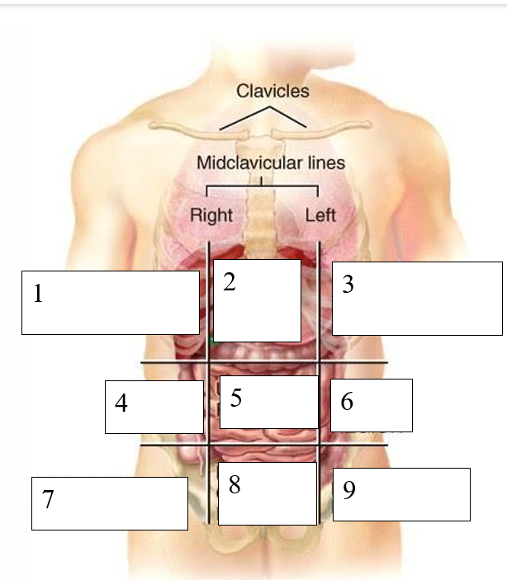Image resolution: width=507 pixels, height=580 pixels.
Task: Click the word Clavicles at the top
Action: [272, 91]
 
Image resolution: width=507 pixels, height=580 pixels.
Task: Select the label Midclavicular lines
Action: [270, 163]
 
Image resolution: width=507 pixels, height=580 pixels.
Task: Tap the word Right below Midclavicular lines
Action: [211, 215]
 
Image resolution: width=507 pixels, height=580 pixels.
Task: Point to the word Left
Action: [320, 215]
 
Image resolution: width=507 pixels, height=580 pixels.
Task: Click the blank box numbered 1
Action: [110, 303]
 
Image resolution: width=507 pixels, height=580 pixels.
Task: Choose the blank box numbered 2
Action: [257, 300]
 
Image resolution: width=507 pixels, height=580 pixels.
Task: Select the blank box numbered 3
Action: [417, 299]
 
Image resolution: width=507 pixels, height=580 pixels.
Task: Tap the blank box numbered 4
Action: [154, 407]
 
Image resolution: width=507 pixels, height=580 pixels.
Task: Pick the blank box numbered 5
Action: [269, 402]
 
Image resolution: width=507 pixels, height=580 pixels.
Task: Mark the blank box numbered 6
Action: [372, 405]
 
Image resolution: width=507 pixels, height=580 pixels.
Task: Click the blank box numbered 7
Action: [109, 503]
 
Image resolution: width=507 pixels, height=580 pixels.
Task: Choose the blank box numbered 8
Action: [268, 493]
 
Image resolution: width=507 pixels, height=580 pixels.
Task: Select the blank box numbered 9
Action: [401, 494]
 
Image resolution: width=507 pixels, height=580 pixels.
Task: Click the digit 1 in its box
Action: [38, 294]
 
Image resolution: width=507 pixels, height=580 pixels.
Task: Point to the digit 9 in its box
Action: [349, 491]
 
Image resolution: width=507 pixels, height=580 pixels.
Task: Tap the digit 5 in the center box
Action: [236, 398]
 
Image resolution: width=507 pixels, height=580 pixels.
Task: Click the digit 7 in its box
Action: [48, 500]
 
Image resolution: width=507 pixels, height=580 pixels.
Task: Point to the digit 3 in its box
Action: [348, 285]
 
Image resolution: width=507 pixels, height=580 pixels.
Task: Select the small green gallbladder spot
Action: [211, 338]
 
